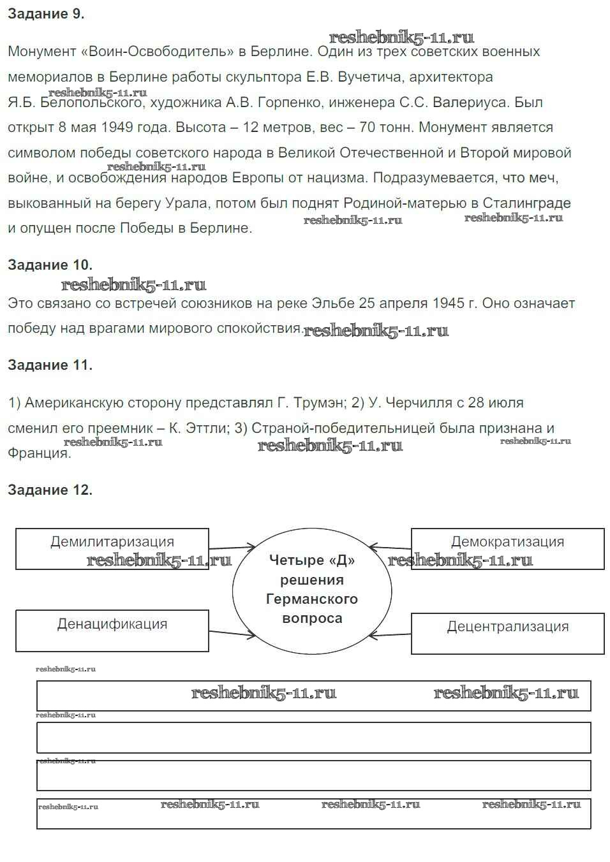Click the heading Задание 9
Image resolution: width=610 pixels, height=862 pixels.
pyautogui.click(x=46, y=15)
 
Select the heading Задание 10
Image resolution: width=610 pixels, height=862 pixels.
pyautogui.click(x=50, y=265)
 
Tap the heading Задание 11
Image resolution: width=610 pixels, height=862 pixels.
pyautogui.click(x=50, y=365)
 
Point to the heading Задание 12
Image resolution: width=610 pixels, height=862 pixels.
pyautogui.click(x=50, y=490)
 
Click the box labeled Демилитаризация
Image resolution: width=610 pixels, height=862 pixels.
pyautogui.click(x=112, y=548)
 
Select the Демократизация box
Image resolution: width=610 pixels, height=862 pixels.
pyautogui.click(x=507, y=548)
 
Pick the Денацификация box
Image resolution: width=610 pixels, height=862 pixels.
pyautogui.click(x=112, y=631)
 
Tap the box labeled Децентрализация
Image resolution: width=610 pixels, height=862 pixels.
pyautogui.click(x=507, y=633)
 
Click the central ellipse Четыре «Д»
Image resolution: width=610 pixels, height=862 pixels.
pyautogui.click(x=312, y=589)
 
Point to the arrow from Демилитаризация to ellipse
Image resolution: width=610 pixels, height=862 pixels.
pyautogui.click(x=232, y=547)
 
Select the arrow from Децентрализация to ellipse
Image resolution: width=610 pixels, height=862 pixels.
pyautogui.click(x=391, y=635)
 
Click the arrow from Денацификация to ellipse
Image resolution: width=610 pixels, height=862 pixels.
pyautogui.click(x=232, y=633)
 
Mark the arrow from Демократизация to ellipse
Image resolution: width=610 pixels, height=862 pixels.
pyautogui.click(x=391, y=548)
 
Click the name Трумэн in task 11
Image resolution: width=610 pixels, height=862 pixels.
pyautogui.click(x=320, y=403)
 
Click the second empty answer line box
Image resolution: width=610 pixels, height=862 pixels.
pyautogui.click(x=313, y=738)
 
